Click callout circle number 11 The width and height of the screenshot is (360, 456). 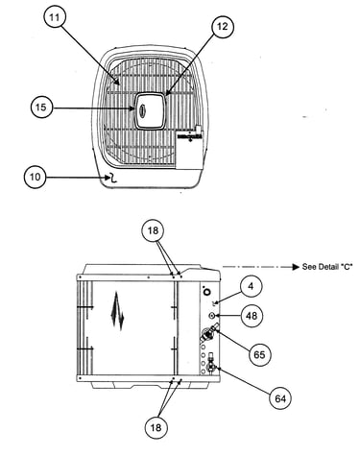(x=55, y=17)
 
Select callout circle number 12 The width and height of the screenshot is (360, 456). (x=223, y=27)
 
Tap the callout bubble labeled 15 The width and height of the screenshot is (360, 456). (x=41, y=108)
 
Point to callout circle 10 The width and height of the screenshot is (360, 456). (x=36, y=177)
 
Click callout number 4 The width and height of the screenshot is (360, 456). (x=251, y=286)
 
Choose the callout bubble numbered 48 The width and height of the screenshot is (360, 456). (x=252, y=316)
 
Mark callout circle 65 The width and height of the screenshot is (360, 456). (x=259, y=355)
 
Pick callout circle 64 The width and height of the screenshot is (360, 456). (x=280, y=398)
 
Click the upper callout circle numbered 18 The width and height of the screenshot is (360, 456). (x=154, y=230)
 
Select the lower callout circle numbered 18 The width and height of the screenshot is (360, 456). (x=156, y=428)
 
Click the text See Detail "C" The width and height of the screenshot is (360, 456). (x=327, y=267)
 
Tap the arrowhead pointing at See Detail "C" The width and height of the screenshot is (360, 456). (x=296, y=267)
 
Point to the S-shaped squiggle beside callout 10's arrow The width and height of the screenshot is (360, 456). (x=113, y=178)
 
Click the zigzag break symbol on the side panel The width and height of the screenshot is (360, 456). (x=117, y=311)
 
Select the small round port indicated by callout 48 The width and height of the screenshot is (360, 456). (x=212, y=316)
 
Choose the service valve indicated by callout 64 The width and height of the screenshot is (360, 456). (x=211, y=365)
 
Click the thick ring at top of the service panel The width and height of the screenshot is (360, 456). (x=207, y=292)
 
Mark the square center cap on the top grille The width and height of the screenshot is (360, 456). (x=151, y=110)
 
